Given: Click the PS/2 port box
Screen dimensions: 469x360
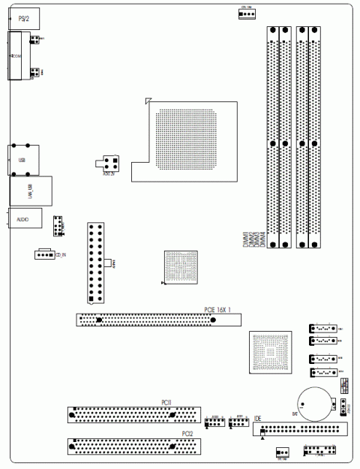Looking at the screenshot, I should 23,16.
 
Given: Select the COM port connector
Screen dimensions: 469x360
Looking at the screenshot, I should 18,56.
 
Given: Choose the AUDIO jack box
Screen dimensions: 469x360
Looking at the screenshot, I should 22,218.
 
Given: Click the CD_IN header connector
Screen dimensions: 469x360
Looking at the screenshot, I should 45,254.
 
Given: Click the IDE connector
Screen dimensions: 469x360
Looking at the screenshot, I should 300,431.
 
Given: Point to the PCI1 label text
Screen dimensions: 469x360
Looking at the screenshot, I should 166,403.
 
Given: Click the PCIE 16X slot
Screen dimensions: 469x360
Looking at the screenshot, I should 157,320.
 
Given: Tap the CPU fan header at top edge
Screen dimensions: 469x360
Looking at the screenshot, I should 247,13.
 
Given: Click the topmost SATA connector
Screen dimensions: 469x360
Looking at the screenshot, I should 320,328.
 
